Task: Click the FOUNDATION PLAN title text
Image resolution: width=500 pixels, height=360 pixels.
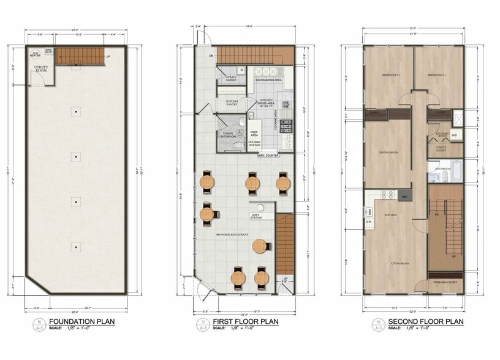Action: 81,322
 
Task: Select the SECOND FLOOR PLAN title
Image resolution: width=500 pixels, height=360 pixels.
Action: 417,322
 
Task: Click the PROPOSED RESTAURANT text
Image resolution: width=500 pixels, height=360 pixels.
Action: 231,234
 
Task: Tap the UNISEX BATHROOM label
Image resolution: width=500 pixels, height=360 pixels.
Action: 228,135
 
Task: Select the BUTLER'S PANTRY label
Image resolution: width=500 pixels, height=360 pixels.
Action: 232,102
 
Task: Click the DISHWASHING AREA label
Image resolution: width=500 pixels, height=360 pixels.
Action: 269,80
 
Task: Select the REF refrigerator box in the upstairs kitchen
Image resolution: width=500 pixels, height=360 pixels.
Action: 404,197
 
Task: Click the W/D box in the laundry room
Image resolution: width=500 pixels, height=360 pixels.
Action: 455,135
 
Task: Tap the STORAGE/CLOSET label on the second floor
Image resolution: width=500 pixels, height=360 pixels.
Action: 445,283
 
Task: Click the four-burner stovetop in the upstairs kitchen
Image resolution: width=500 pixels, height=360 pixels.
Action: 387,195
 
